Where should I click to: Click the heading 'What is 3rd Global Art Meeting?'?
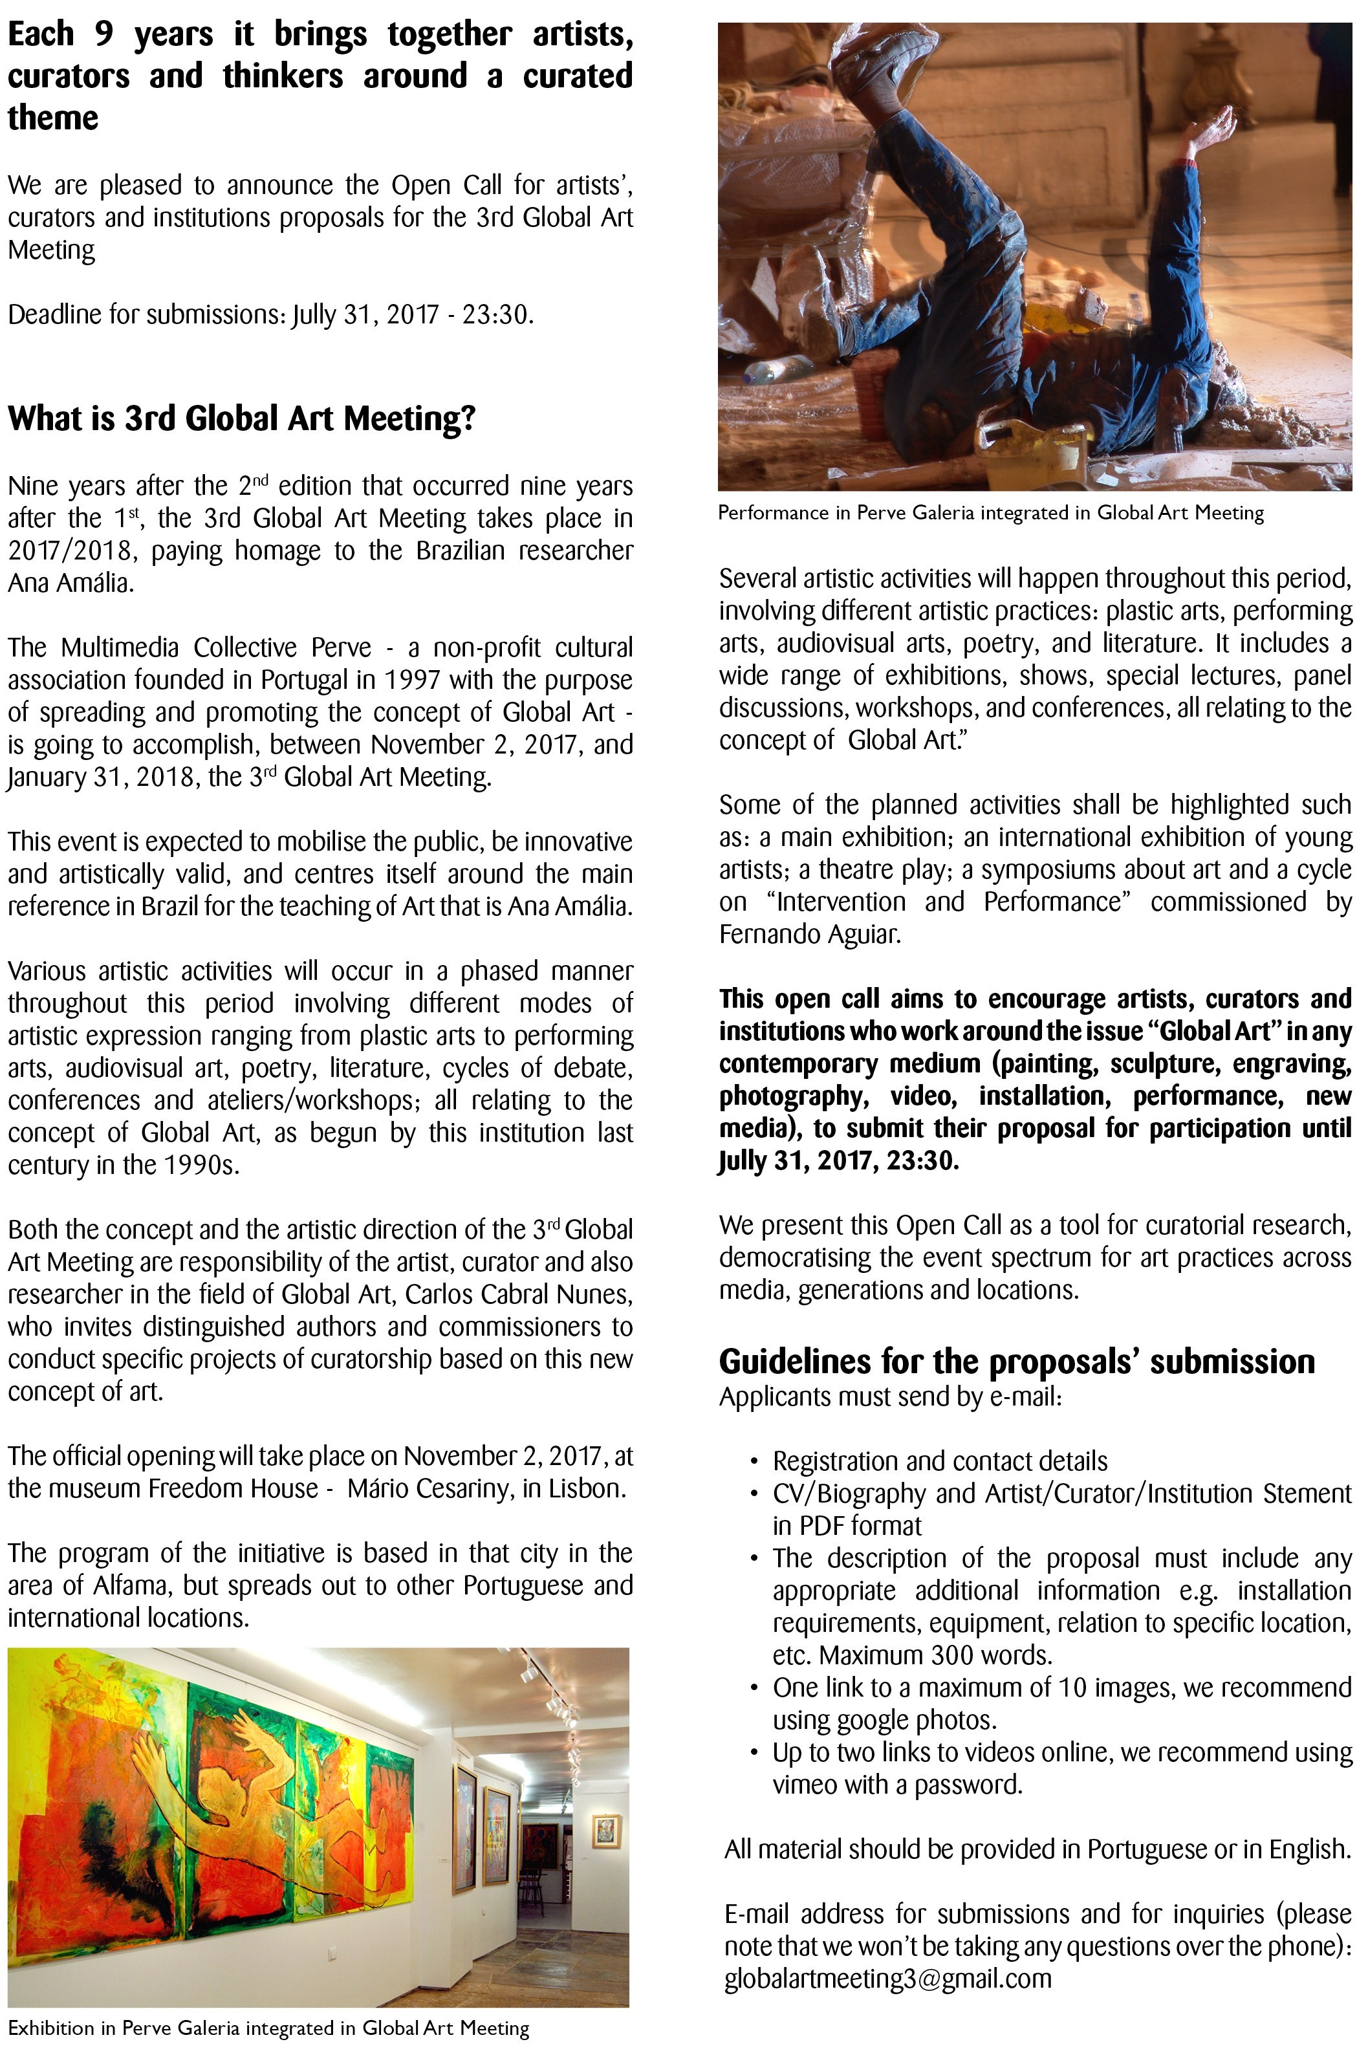coord(242,418)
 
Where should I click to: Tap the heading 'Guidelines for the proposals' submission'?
coord(1016,1362)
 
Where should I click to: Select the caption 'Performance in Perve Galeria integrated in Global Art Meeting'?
coord(990,513)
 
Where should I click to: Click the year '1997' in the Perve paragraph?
coord(413,680)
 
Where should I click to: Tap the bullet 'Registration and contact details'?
coord(940,1461)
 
